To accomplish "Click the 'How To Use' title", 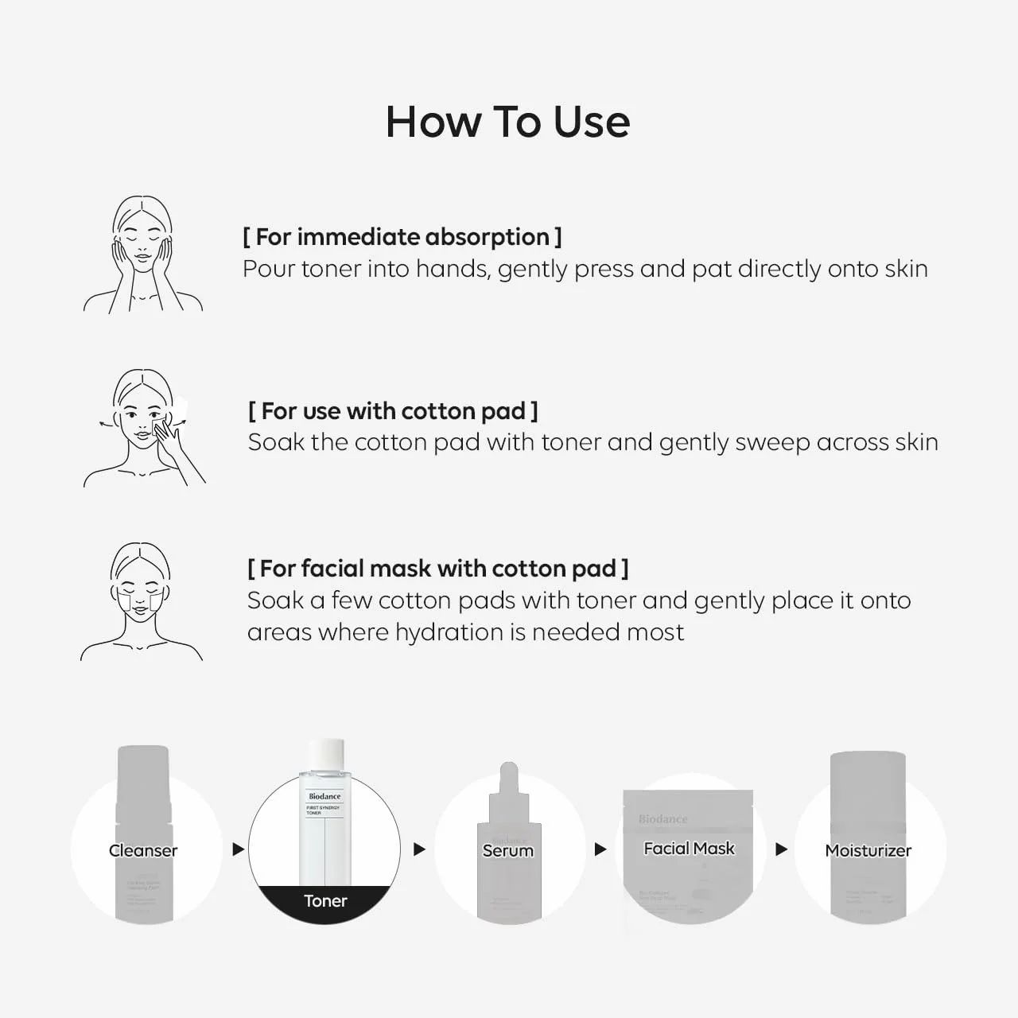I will coord(507,122).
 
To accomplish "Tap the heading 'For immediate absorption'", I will coord(402,237).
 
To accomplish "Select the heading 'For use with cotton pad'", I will coord(393,411).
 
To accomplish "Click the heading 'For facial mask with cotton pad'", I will coord(437,569).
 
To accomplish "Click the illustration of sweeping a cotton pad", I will coord(145,427).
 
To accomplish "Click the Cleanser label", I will coord(143,850).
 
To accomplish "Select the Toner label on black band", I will coord(325,901).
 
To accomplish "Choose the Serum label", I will coord(507,850).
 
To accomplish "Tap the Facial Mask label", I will coord(689,849).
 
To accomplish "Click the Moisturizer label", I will coord(868,850).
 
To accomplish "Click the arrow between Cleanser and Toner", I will coord(237,849).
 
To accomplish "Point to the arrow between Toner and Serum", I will coord(419,849).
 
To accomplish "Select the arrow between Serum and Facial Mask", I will coord(600,849).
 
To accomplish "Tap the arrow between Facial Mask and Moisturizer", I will coord(781,849).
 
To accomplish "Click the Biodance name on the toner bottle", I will coord(324,796).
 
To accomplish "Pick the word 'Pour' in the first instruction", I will coord(268,269).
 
